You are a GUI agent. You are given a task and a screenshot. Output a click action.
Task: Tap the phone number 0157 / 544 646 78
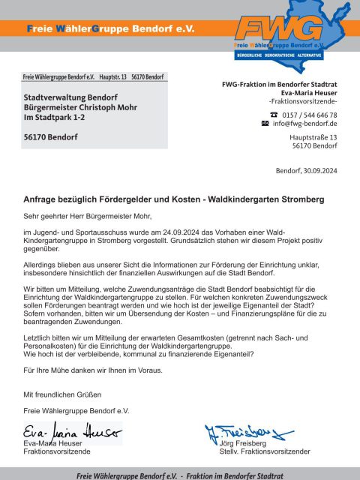point(309,114)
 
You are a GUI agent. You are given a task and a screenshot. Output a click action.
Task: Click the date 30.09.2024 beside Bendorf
point(320,171)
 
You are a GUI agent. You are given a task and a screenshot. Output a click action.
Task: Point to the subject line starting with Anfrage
point(173,200)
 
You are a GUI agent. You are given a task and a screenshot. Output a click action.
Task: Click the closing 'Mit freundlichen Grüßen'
point(63,394)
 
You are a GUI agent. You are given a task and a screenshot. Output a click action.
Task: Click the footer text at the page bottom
point(180,475)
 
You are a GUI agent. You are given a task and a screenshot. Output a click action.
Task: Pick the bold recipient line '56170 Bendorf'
point(50,137)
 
